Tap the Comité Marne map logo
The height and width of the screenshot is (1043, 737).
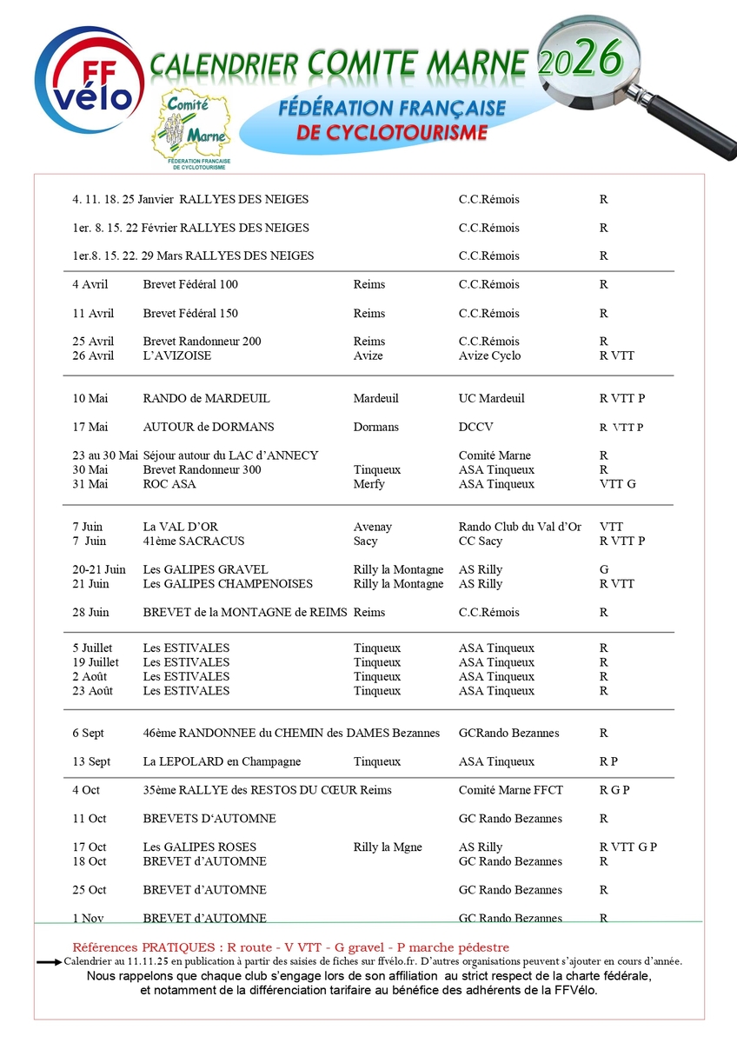pyautogui.click(x=190, y=130)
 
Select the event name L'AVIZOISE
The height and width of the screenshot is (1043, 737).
pyautogui.click(x=177, y=355)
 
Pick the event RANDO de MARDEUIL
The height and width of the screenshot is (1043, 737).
pyautogui.click(x=206, y=398)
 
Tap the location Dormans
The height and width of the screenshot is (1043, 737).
pyautogui.click(x=377, y=427)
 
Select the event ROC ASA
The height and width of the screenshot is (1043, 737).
pyautogui.click(x=169, y=484)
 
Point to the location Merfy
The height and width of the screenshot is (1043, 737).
pyautogui.click(x=369, y=484)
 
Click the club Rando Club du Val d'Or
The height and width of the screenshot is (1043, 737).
pyautogui.click(x=520, y=527)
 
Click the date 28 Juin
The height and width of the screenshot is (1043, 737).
pyautogui.click(x=91, y=612)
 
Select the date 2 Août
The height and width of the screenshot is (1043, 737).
pyautogui.click(x=91, y=676)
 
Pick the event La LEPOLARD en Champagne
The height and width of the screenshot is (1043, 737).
pyautogui.click(x=222, y=761)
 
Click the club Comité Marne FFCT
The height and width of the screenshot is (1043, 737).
pyautogui.click(x=511, y=790)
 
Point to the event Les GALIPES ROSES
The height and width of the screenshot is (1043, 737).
pyautogui.click(x=199, y=847)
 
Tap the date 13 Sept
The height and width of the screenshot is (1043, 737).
pyautogui.click(x=91, y=761)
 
